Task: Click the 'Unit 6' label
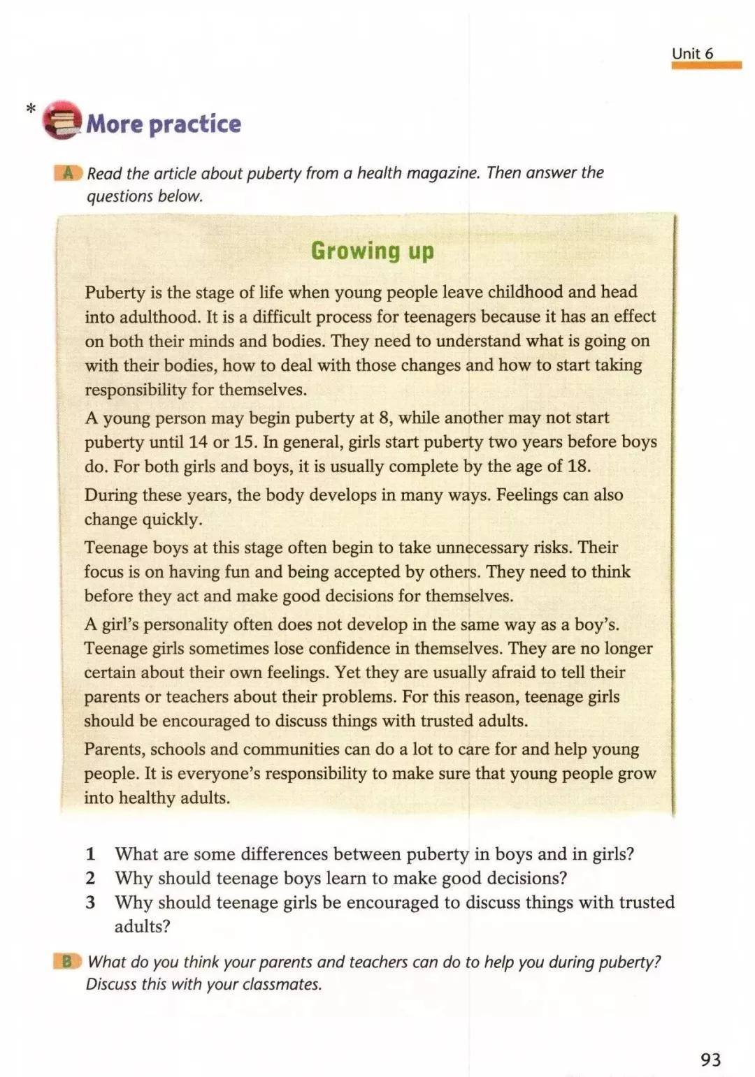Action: (692, 53)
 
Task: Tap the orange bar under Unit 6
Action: (706, 66)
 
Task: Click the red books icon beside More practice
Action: (62, 120)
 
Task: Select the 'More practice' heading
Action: (164, 124)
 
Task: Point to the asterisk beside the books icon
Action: (30, 110)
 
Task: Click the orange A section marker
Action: (68, 173)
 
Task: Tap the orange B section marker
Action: (67, 962)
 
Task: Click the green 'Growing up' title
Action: (372, 251)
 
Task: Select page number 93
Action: (710, 1060)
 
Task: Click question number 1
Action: (90, 853)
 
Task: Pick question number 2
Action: (90, 878)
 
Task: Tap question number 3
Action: (90, 902)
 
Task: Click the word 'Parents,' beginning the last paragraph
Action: (115, 749)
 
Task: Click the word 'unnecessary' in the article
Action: (482, 548)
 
